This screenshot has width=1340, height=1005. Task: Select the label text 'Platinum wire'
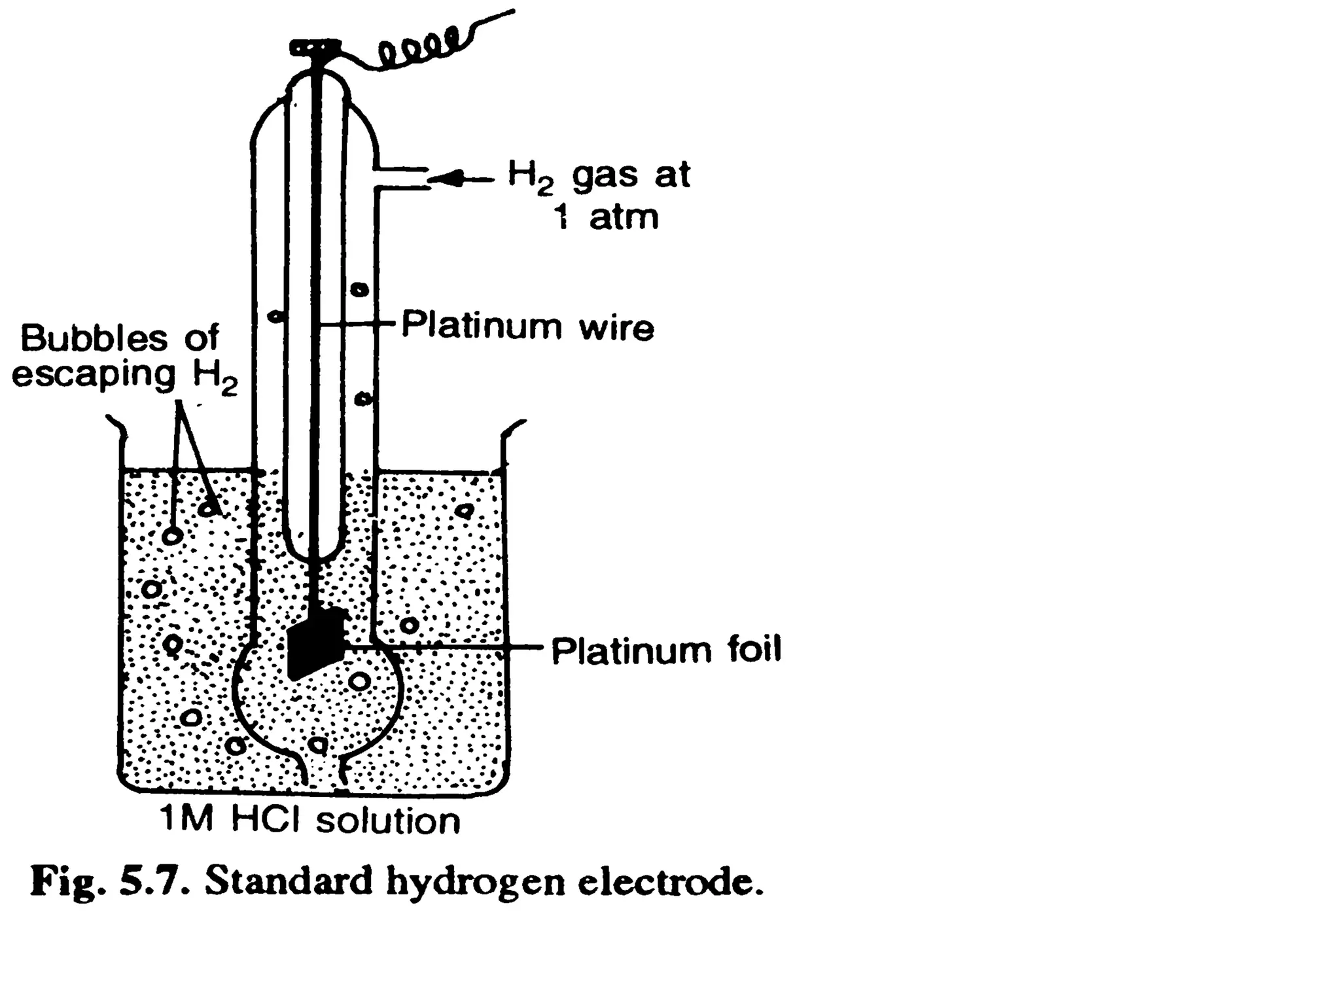point(527,325)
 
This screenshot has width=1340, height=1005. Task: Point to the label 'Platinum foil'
point(666,650)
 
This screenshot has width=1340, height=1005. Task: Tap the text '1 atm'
point(606,217)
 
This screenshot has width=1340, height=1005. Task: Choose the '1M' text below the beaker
point(187,819)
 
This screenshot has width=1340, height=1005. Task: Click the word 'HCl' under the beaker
point(268,819)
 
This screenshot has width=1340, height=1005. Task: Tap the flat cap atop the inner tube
point(315,47)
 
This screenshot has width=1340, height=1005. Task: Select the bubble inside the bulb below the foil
point(359,681)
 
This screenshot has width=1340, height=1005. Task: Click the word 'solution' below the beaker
point(389,820)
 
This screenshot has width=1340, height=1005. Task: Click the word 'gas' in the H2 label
point(605,175)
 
